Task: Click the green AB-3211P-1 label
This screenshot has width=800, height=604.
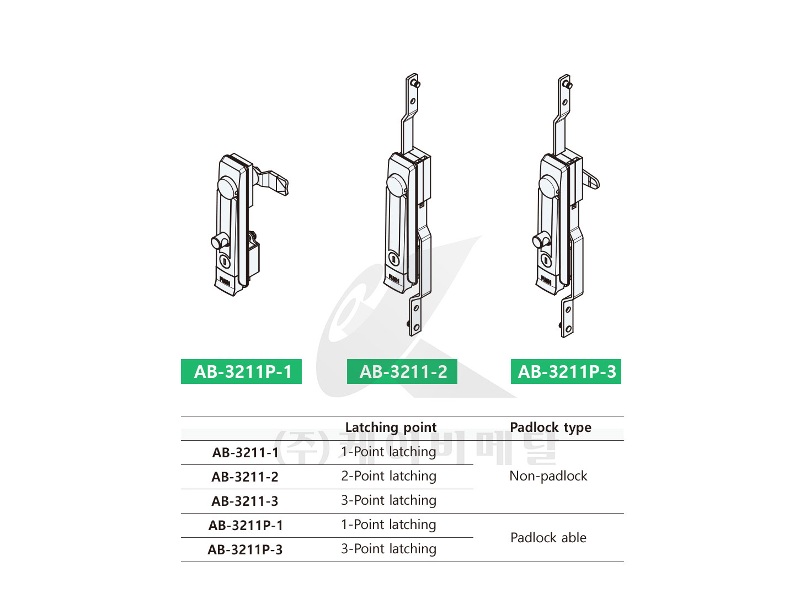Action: tap(241, 371)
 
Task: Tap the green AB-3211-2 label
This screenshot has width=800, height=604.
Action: tap(402, 371)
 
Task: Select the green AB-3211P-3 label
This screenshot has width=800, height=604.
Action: tap(566, 371)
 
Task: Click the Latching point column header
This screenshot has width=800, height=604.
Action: tap(391, 427)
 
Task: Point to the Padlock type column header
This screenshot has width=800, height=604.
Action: tap(550, 427)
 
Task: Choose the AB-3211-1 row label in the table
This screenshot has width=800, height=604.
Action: tap(246, 452)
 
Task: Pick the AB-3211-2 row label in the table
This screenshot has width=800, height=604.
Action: tap(245, 477)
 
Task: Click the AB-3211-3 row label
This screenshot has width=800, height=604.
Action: tap(245, 501)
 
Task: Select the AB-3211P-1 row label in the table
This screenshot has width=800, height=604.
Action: tap(246, 525)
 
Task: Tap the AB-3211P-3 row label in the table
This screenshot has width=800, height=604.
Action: tap(246, 550)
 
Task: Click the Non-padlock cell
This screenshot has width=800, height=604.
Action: tap(548, 476)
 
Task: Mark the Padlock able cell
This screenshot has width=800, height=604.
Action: tap(548, 538)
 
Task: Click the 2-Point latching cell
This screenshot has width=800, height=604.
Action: tap(388, 476)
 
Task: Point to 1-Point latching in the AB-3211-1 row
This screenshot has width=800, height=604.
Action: tap(388, 452)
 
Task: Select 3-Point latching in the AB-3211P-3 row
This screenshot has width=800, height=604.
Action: tap(388, 549)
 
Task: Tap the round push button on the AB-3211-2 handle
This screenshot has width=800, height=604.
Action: tap(396, 184)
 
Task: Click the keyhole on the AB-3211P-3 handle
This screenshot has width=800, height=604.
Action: tap(546, 260)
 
